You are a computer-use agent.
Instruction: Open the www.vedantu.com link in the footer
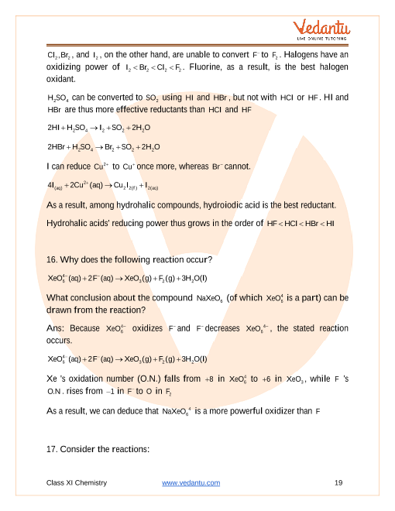click(191, 482)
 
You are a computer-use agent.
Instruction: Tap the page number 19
click(338, 482)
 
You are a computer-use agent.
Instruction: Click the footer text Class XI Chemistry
click(76, 482)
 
